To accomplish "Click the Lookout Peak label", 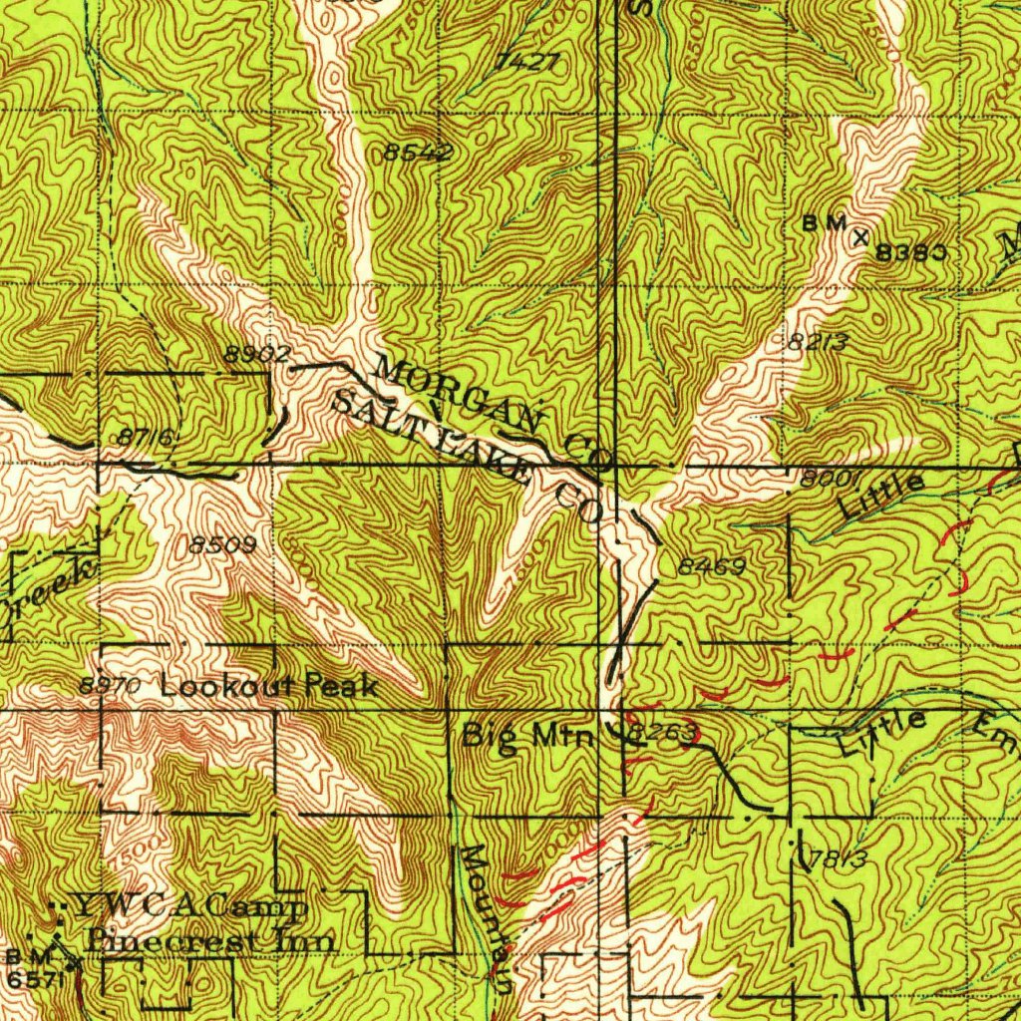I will [x=269, y=686].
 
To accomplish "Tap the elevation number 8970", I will [x=103, y=686].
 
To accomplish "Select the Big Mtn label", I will [x=529, y=737].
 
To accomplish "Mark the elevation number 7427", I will [x=525, y=62].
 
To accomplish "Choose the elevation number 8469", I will [x=712, y=566].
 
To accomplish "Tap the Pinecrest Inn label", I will [x=210, y=939].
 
